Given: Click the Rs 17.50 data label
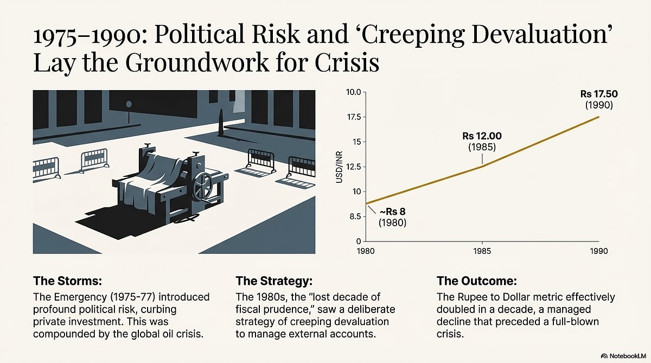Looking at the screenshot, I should point(599,94).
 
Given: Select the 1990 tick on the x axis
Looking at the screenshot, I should point(599,251).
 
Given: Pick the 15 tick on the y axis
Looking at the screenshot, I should point(356,142).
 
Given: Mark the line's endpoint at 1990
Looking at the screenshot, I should point(599,117).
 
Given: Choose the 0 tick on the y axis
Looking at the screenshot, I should point(358,241).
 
